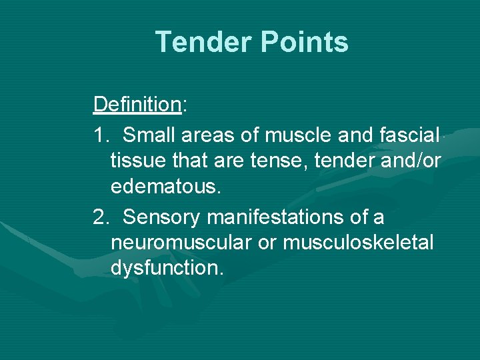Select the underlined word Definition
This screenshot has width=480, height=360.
coord(137,105)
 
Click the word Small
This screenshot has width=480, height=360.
coord(148,135)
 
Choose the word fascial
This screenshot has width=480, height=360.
coord(407,135)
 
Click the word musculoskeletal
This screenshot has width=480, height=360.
coord(358,243)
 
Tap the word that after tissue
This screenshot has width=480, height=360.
coord(181,161)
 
